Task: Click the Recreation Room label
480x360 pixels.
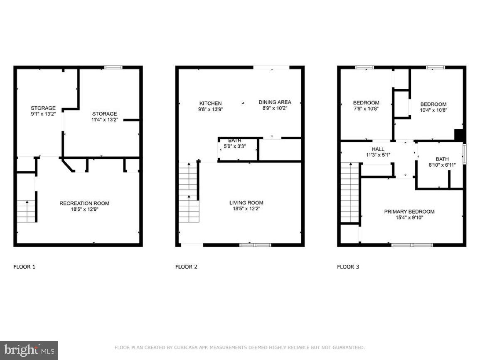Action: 84,203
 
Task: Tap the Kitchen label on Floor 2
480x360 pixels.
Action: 211,103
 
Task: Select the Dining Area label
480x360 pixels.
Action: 275,102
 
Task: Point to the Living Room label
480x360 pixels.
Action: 246,203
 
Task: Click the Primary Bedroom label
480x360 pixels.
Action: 409,212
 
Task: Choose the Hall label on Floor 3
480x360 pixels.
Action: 378,149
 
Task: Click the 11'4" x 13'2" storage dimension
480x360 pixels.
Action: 104,120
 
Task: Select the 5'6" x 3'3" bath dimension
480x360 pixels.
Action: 234,146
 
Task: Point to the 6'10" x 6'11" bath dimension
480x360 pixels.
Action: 442,165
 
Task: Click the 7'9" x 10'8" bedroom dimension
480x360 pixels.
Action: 366,109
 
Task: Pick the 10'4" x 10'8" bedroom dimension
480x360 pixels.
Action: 433,110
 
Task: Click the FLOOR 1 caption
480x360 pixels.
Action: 25,267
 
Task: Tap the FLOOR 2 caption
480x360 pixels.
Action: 186,267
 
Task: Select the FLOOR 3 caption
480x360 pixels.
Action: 348,267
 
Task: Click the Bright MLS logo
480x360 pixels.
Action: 29,350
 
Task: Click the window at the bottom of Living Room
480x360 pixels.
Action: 256,245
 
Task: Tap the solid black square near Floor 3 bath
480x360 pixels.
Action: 459,136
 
